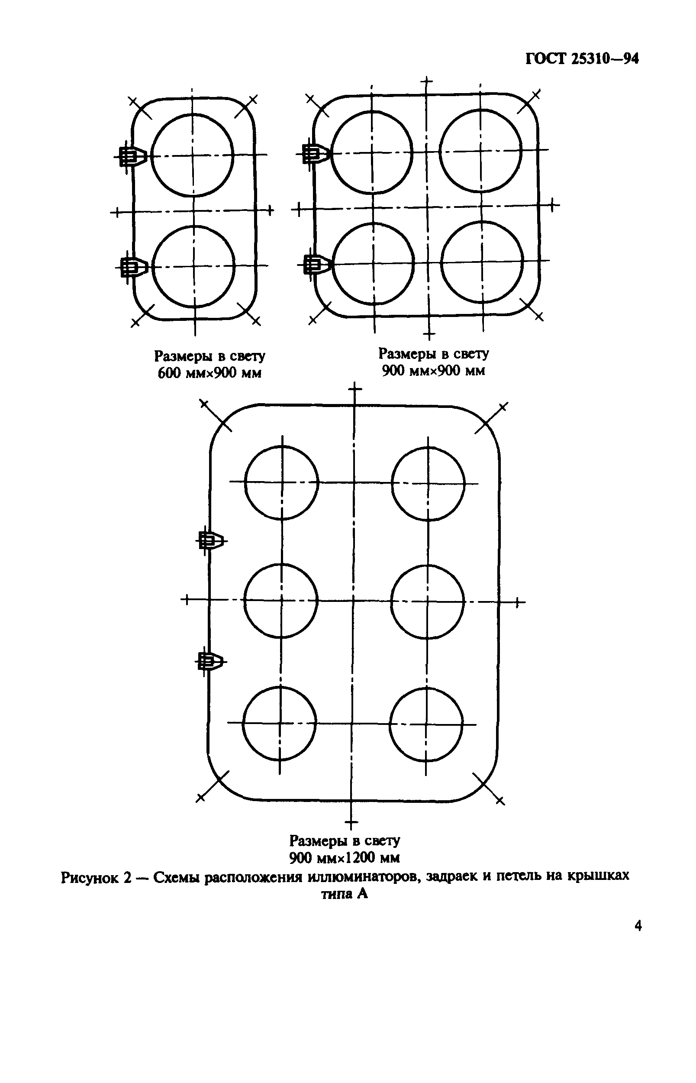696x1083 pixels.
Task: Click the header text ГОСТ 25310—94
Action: (x=582, y=59)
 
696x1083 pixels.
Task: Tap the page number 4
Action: (x=638, y=926)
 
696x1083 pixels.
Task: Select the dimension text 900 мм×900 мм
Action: (x=433, y=371)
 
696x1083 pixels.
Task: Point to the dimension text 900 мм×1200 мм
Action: (x=345, y=857)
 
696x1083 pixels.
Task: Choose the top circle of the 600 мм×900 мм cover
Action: (x=192, y=155)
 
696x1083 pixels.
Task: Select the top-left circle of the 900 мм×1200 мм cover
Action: (x=282, y=482)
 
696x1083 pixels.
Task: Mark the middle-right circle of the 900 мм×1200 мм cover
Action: (x=428, y=601)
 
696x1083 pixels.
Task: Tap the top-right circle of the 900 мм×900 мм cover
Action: (x=480, y=151)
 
